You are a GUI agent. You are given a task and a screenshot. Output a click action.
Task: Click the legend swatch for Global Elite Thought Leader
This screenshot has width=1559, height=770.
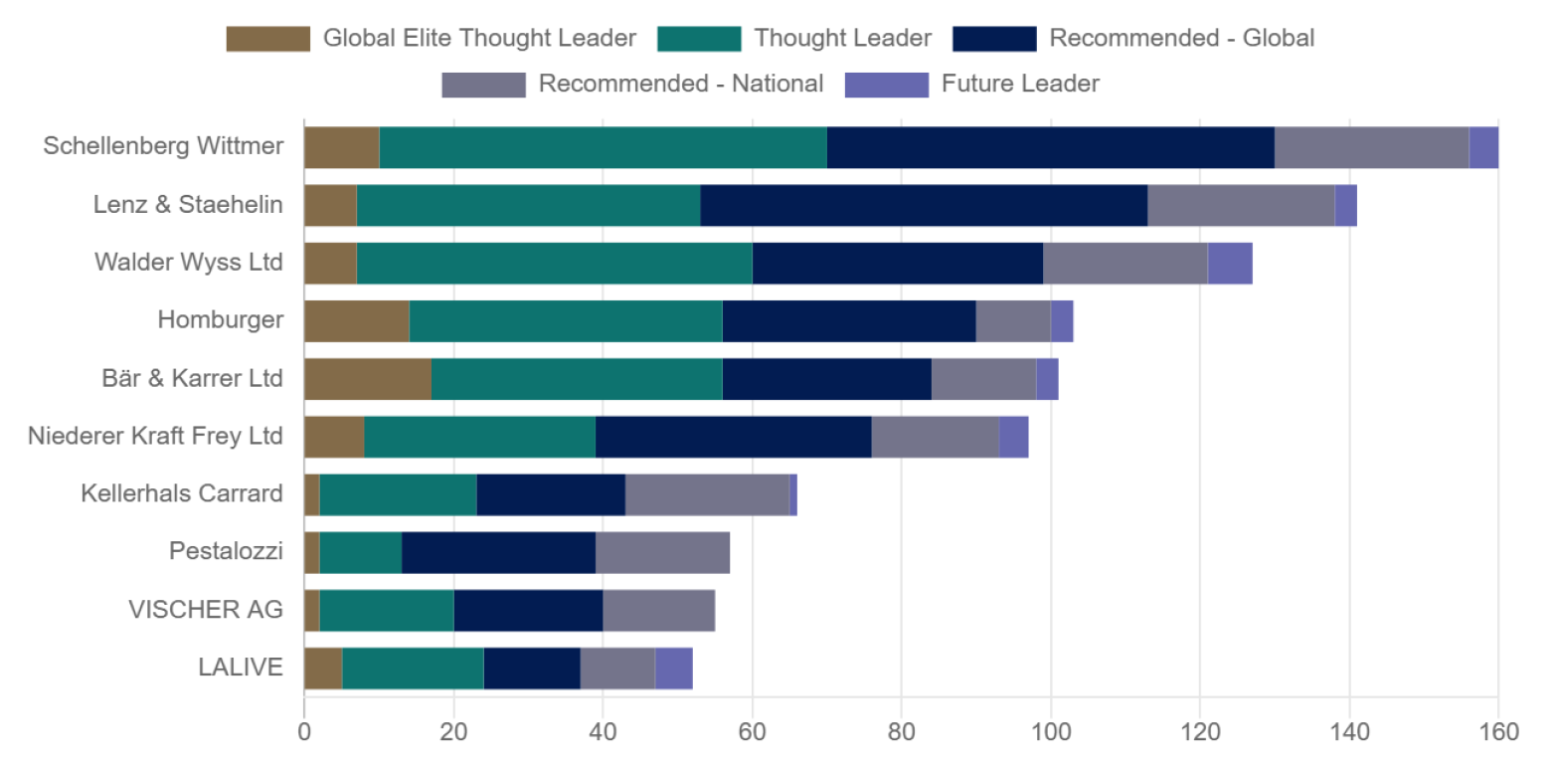[x=267, y=39]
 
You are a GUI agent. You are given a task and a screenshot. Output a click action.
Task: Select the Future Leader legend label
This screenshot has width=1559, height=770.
[x=1022, y=84]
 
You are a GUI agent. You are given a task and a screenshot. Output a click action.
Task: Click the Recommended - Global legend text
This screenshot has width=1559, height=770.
[x=1182, y=39]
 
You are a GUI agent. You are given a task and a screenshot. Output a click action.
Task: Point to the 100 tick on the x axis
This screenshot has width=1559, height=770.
[x=1050, y=733]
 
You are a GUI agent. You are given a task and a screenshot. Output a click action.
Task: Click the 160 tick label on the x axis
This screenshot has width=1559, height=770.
[x=1497, y=733]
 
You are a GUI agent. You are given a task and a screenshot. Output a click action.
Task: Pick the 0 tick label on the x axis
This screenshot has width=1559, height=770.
[x=304, y=733]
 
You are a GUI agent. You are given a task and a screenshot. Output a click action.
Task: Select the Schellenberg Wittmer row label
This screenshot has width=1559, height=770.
[x=164, y=147]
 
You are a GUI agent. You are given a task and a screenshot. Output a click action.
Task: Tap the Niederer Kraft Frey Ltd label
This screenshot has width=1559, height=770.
[x=156, y=436]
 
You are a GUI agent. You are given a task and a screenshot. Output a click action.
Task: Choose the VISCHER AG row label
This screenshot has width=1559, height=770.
[x=206, y=610]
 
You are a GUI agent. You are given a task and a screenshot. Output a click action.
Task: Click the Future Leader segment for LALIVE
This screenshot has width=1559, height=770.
[x=673, y=668]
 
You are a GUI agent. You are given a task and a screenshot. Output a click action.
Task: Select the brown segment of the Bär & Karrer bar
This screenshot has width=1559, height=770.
[x=367, y=378]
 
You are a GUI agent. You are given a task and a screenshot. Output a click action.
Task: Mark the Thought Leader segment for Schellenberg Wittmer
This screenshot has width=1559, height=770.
[x=603, y=147]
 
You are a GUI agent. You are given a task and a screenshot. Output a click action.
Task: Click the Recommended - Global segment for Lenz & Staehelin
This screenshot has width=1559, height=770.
[x=924, y=205]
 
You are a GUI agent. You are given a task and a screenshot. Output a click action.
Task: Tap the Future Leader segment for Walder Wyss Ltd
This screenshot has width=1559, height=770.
[x=1230, y=263]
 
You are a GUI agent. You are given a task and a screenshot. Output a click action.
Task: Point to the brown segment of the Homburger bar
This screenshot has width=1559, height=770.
[x=356, y=320]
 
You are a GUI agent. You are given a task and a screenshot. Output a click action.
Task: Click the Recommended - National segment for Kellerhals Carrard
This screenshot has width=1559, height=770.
[x=707, y=494]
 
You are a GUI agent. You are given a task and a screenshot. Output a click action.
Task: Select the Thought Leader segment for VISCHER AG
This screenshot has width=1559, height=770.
[x=386, y=610]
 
